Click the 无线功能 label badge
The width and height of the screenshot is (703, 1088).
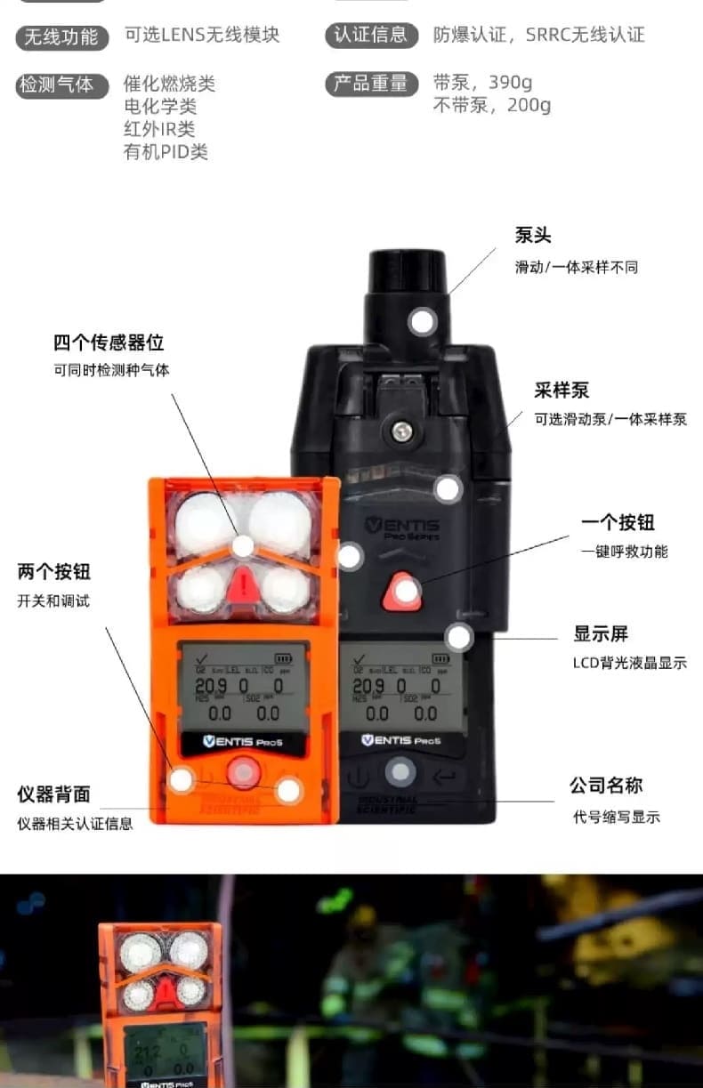(61, 36)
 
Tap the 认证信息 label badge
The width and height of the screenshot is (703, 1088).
(371, 35)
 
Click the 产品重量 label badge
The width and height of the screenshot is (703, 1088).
(371, 84)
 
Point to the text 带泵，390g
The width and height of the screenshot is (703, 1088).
(482, 84)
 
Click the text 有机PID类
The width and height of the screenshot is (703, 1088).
(166, 152)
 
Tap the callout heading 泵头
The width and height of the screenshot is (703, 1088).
(533, 236)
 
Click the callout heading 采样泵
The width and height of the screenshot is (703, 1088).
(562, 391)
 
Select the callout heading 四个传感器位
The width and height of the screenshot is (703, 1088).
(109, 343)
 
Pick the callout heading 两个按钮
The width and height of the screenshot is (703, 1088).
(53, 571)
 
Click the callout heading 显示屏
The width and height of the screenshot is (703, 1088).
(601, 633)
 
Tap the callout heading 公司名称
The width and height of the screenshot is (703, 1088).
(606, 786)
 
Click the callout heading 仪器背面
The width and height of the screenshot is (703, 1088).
(53, 794)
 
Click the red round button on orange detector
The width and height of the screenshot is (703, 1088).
(242, 772)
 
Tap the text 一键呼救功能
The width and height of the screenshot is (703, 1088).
(624, 552)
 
